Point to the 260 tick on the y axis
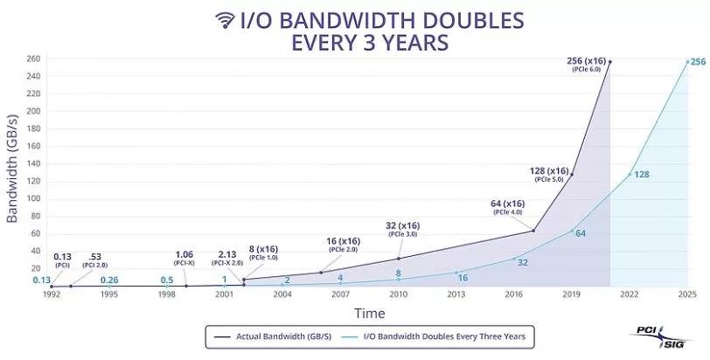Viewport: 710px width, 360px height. point(33,59)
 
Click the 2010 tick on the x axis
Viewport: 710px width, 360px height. point(399,295)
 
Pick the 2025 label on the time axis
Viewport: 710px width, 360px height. point(686,295)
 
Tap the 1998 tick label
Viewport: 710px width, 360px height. point(165,295)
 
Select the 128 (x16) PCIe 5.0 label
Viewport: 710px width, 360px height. point(551,173)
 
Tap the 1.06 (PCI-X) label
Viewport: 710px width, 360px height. point(184,259)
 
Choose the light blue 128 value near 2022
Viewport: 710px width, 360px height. point(641,175)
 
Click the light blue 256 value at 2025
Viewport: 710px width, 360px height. point(698,62)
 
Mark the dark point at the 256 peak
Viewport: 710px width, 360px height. point(609,61)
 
